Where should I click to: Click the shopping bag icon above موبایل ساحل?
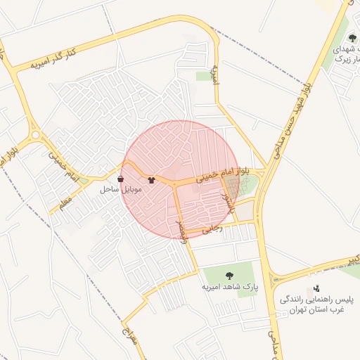tap(121, 179)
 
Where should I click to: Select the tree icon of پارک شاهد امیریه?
tap(229, 276)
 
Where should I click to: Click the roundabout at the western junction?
tap(34, 134)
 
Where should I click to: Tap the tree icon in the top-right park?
tap(352, 39)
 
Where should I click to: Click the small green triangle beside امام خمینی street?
tap(84, 181)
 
